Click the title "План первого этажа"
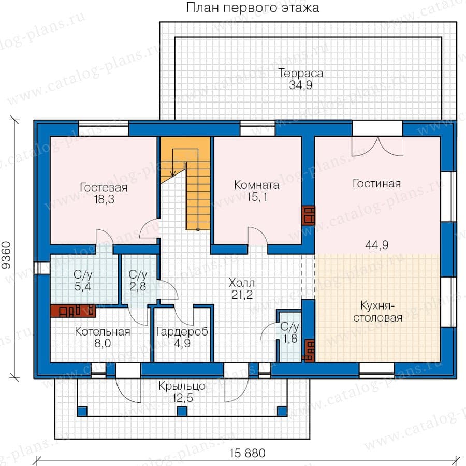(x=252, y=8)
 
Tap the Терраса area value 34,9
(x=301, y=85)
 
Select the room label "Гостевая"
(x=104, y=187)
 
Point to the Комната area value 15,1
(x=257, y=197)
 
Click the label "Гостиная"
(x=376, y=183)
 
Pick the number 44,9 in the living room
(x=377, y=245)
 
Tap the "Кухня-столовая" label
(x=378, y=312)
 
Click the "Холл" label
(x=242, y=283)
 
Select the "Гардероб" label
(x=182, y=332)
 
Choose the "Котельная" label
(x=103, y=332)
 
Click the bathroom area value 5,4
(x=83, y=286)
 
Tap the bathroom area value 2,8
(x=138, y=286)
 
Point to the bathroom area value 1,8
(x=290, y=339)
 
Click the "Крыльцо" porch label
(x=182, y=386)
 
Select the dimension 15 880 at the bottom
(x=247, y=453)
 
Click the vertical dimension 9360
(x=7, y=255)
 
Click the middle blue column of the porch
(x=182, y=411)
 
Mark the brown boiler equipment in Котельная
(x=73, y=311)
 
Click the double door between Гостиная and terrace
(x=377, y=146)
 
